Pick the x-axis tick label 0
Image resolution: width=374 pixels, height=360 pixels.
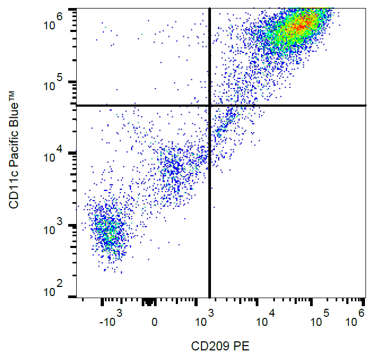[154, 322]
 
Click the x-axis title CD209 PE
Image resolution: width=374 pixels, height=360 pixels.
[220, 346]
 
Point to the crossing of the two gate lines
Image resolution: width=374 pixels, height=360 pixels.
[209, 106]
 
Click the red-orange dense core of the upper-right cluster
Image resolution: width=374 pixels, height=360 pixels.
[300, 25]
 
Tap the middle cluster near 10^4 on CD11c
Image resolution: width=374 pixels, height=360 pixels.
[176, 168]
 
